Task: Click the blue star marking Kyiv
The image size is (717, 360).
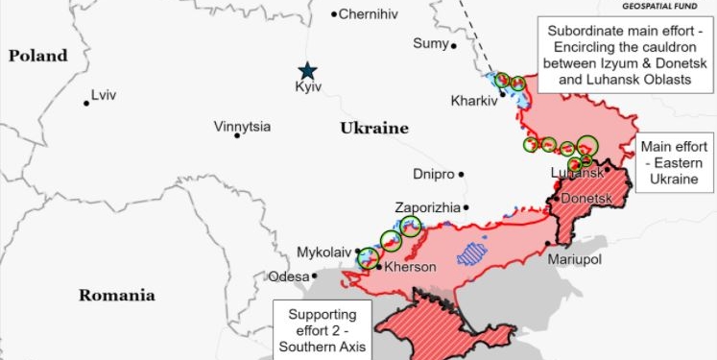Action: (x=307, y=70)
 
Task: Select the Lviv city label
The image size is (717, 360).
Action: (x=103, y=96)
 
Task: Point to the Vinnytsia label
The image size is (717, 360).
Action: (x=242, y=127)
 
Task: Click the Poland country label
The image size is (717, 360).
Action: (x=38, y=56)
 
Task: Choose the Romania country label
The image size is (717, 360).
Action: (x=116, y=295)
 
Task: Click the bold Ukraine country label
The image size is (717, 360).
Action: (x=374, y=128)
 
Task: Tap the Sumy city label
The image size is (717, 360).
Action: (x=430, y=43)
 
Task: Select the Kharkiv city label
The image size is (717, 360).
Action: (x=473, y=100)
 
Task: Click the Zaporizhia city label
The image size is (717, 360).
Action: (x=427, y=207)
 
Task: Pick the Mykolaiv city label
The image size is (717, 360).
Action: (x=324, y=252)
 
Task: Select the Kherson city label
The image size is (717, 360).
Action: (x=410, y=267)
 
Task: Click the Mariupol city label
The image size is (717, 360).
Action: (x=573, y=260)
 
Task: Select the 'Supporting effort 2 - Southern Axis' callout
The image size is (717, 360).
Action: (x=322, y=330)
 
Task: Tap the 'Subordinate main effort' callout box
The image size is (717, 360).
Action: (x=625, y=55)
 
